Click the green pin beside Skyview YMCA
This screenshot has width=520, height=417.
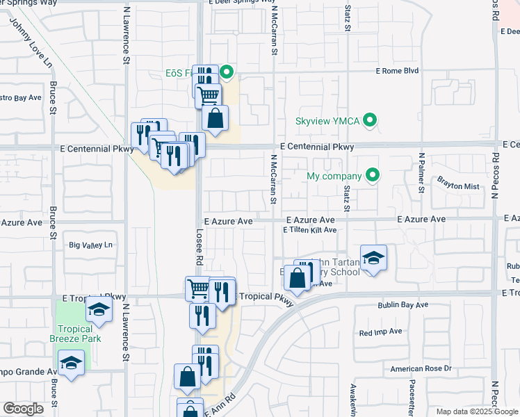pyautogui.click(x=371, y=121)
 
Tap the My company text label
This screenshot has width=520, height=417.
pyautogui.click(x=334, y=176)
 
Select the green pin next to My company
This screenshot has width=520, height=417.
pyautogui.click(x=373, y=175)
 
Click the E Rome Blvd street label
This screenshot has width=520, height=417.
pyautogui.click(x=397, y=71)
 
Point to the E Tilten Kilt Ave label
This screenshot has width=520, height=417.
pyautogui.click(x=309, y=230)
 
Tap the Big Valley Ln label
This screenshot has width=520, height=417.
pyautogui.click(x=90, y=245)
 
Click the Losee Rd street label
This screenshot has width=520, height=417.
pyautogui.click(x=199, y=247)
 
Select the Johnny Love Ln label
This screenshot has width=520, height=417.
pyautogui.click(x=32, y=43)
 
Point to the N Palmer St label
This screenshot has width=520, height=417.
pyautogui.click(x=421, y=172)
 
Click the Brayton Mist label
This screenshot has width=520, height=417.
pyautogui.click(x=458, y=186)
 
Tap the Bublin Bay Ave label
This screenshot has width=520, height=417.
pyautogui.click(x=403, y=305)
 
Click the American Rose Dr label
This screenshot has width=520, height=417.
pyautogui.click(x=421, y=368)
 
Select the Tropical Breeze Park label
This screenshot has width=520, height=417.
pyautogui.click(x=75, y=334)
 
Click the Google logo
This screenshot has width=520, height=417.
pyautogui.click(x=23, y=409)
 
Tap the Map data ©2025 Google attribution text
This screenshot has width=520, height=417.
pyautogui.click(x=477, y=411)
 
